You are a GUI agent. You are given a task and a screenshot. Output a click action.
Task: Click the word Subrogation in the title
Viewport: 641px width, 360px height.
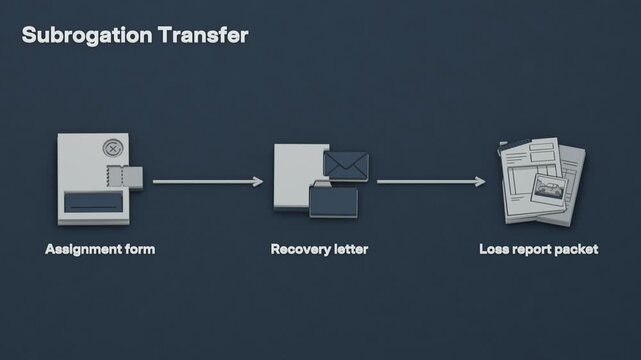[x=87, y=36]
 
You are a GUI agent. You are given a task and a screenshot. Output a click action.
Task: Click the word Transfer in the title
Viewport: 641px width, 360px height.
[x=203, y=35]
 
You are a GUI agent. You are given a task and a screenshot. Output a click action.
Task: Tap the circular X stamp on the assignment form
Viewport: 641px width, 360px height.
[x=113, y=148]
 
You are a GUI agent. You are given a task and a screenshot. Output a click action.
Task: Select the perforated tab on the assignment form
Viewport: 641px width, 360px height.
[x=125, y=177]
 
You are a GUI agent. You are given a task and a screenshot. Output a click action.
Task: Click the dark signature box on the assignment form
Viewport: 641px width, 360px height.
[x=94, y=203]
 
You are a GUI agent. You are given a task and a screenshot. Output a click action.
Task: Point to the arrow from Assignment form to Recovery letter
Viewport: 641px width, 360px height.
[x=208, y=181]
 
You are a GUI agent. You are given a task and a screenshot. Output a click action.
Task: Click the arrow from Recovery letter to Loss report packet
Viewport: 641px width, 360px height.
[x=431, y=181]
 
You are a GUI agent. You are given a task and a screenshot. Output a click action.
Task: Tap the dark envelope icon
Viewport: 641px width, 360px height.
[x=346, y=166]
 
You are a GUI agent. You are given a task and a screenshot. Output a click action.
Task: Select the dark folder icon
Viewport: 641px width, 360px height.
[x=334, y=200]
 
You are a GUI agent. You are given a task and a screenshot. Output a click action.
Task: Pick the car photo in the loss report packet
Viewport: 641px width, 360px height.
[x=549, y=189]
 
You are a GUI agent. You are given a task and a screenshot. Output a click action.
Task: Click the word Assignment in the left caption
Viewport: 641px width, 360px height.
[x=83, y=249]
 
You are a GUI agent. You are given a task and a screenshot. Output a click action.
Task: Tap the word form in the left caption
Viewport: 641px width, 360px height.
[x=140, y=249]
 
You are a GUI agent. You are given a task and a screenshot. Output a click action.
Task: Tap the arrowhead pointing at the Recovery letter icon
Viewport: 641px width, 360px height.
[x=258, y=181]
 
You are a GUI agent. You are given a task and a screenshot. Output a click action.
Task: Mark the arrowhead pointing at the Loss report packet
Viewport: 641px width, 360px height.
[x=481, y=181]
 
